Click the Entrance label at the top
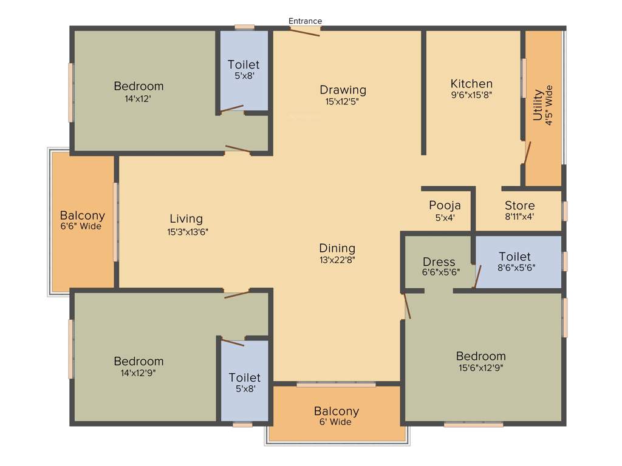305,21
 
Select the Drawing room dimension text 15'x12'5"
343,102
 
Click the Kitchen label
471,84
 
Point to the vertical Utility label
538,106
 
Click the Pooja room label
445,205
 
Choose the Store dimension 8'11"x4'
519,217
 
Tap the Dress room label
439,262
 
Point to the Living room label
186,219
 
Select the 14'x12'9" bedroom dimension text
138,373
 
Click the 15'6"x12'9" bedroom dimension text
480,367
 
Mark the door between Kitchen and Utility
527,152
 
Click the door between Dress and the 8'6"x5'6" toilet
477,276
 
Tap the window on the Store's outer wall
565,211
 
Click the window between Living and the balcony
115,222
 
